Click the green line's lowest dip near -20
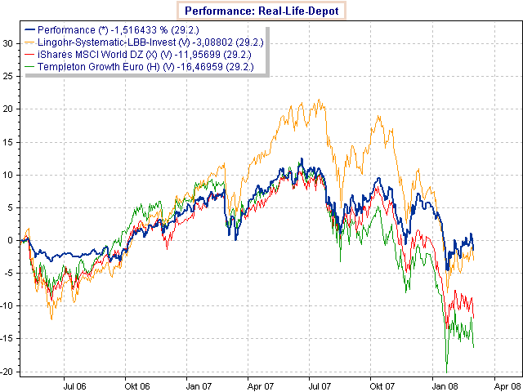click(446, 372)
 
